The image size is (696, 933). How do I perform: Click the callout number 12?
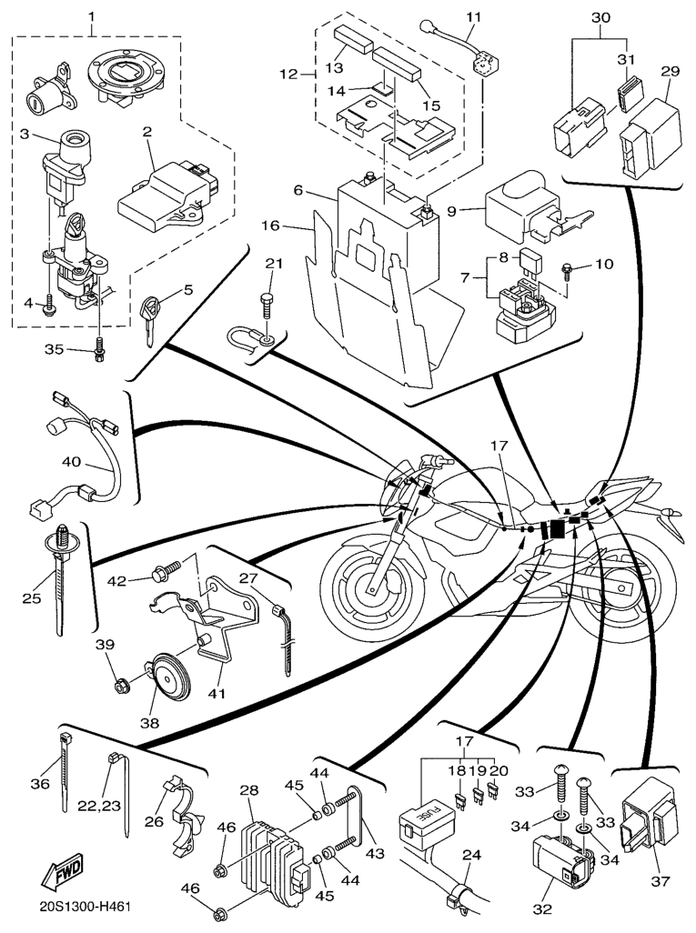(289, 73)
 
